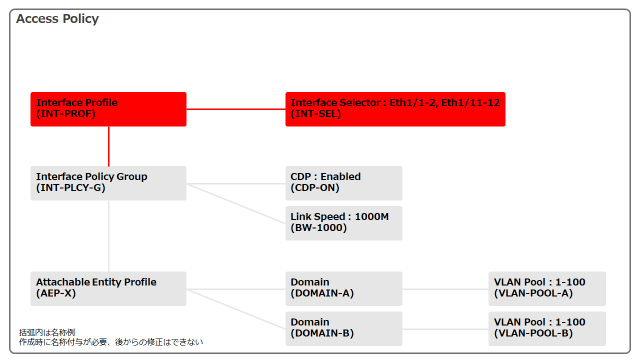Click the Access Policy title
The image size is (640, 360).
coord(57,19)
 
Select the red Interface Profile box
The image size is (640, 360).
coord(108,109)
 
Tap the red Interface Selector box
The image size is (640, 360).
coord(395,109)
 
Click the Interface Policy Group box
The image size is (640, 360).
coord(108,183)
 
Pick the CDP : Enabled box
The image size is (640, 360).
coord(344,183)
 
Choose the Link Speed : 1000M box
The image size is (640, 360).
coord(344,223)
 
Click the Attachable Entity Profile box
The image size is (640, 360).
coord(108,288)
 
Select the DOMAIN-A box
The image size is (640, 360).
coord(344,288)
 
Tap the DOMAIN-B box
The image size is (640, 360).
coord(344,328)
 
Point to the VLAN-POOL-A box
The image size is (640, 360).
coord(547,288)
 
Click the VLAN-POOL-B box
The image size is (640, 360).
coord(547,328)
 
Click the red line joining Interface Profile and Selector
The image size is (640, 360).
coord(236,109)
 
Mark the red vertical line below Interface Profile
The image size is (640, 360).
coord(108,146)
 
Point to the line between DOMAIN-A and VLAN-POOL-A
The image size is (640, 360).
coord(445,289)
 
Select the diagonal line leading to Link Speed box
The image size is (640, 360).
coord(236,203)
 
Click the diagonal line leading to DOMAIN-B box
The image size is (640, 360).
coord(236,309)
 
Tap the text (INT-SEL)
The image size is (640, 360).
coord(315,113)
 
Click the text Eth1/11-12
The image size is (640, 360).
coord(470,102)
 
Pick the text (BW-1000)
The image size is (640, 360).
coord(318,227)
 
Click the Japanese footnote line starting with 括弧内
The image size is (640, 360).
coord(47,332)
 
